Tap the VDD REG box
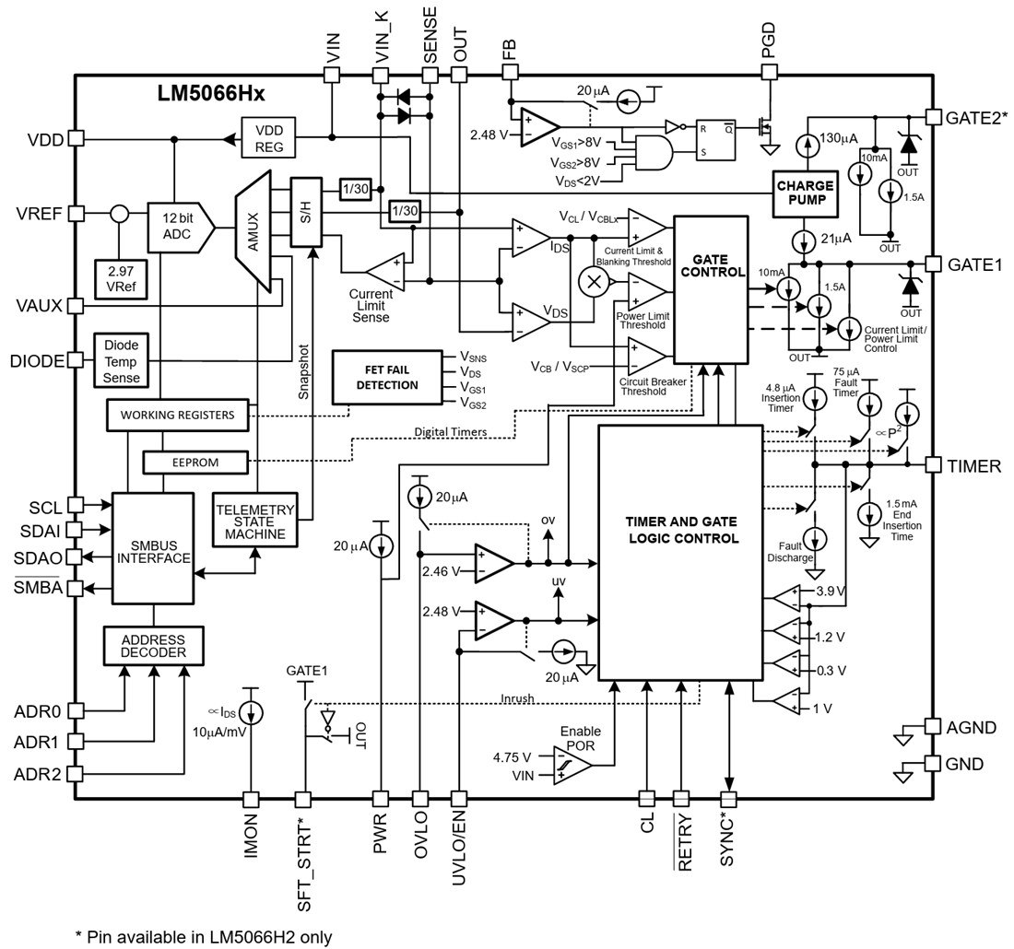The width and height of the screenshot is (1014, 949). [269, 138]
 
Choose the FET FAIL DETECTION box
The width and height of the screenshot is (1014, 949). [386, 377]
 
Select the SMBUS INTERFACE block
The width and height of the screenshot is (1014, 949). [152, 551]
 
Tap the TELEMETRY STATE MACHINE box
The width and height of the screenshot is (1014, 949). [254, 521]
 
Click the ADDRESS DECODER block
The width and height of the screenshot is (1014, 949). [152, 646]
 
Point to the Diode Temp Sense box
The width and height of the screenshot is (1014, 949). [121, 360]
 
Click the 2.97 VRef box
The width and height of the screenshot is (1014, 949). [121, 278]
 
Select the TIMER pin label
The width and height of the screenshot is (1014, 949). [973, 466]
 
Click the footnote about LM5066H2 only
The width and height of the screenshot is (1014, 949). [203, 937]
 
